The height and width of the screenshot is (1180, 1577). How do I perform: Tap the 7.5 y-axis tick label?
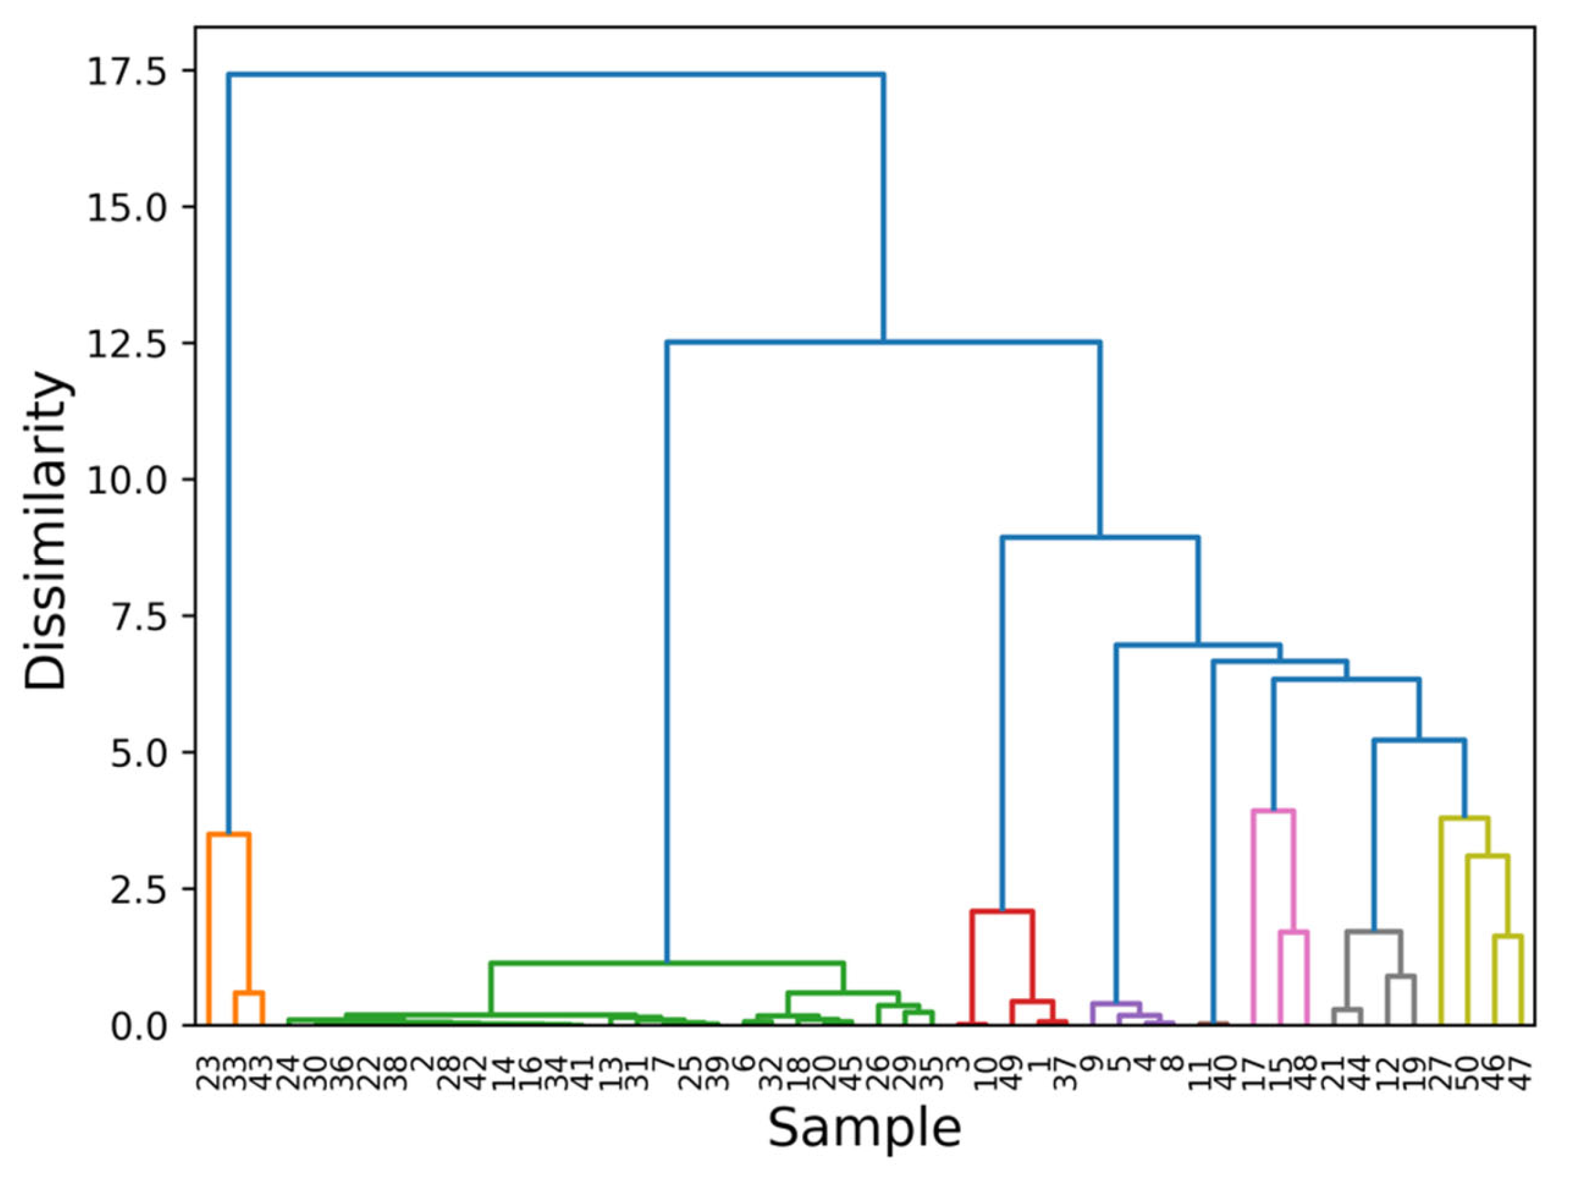pos(138,616)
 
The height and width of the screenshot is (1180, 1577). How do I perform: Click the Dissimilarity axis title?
pos(45,531)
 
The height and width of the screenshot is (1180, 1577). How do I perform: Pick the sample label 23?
pos(208,1072)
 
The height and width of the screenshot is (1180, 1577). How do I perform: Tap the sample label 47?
pos(1521,1072)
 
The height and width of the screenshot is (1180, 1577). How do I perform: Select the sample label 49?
pos(1011,1072)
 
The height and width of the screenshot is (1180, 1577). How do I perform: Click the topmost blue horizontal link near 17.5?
pos(556,73)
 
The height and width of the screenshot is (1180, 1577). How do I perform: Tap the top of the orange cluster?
pos(228,834)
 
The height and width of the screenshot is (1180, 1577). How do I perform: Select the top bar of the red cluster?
pos(1001,911)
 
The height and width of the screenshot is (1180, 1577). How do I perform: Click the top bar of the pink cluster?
pos(1273,810)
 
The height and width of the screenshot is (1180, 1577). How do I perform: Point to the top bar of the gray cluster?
pos(1374,931)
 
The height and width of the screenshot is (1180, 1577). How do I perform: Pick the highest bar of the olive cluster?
pos(1464,818)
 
